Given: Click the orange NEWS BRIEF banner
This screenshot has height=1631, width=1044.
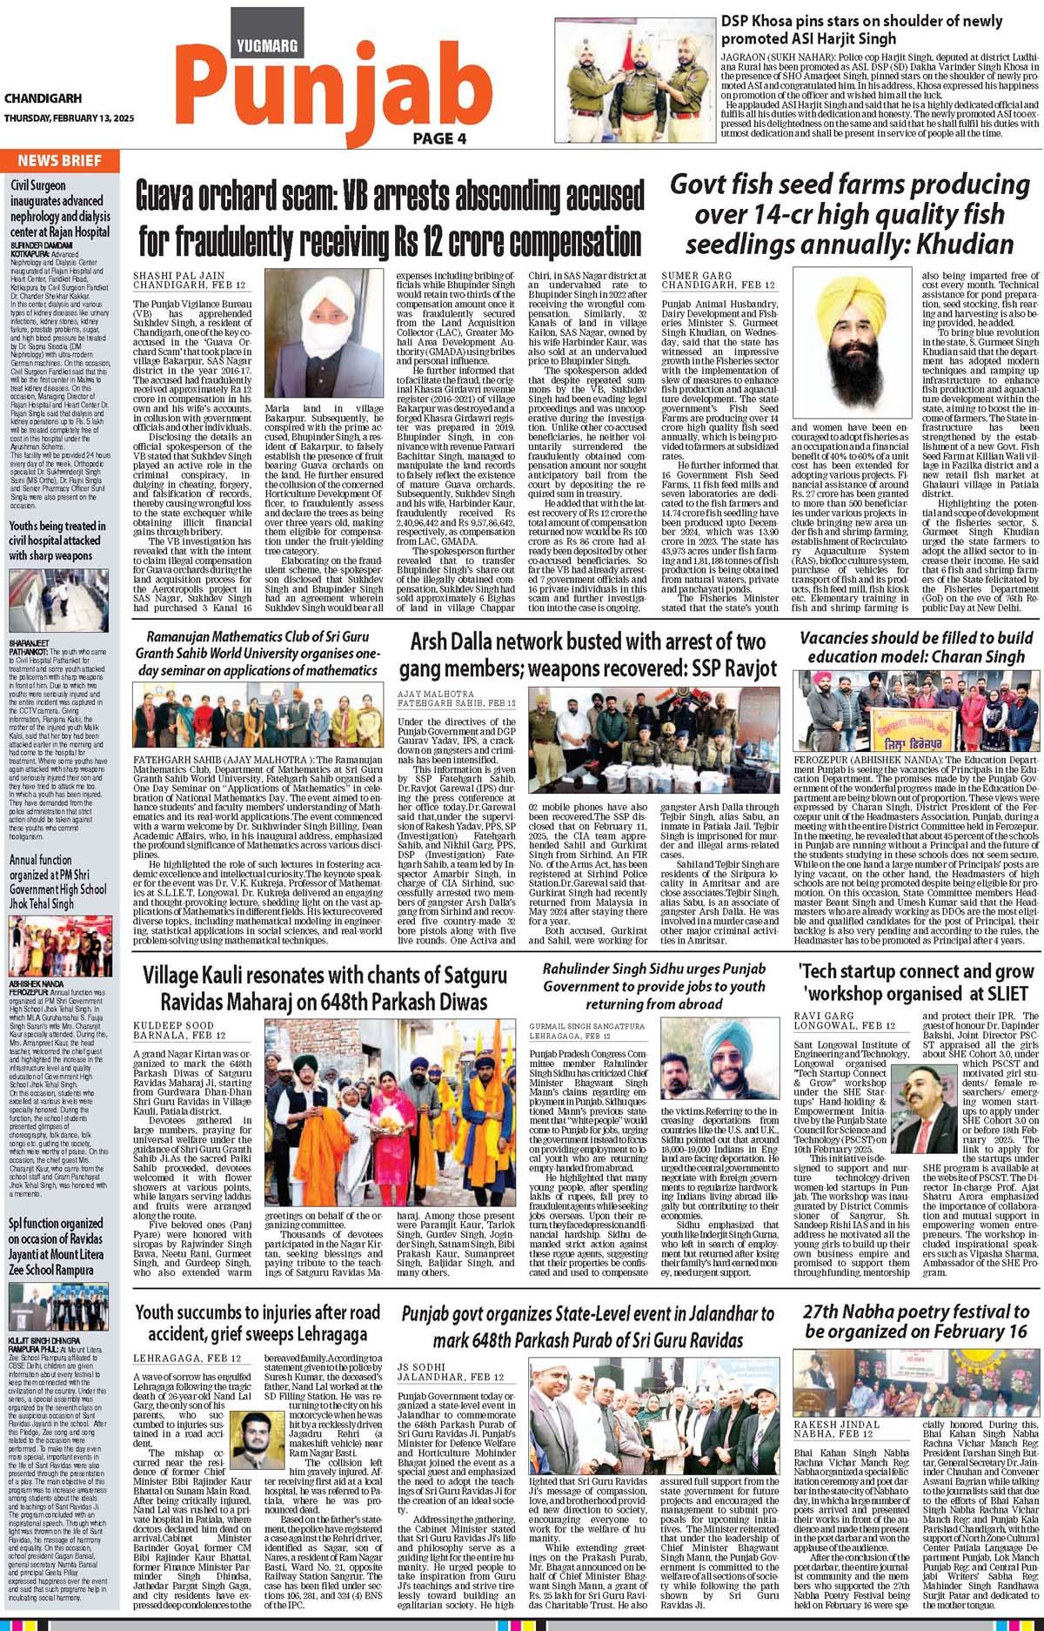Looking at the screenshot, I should coord(60,160).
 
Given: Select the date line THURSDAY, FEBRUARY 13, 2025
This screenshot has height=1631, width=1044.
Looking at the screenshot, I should coord(67,119).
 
